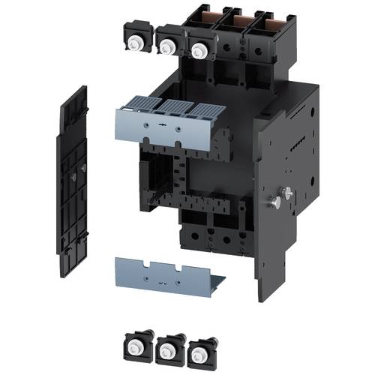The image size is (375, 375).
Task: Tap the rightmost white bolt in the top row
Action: click(x=199, y=51)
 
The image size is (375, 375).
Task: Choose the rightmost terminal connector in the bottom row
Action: click(x=199, y=351)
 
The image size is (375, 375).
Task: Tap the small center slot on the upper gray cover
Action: click(x=161, y=120)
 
